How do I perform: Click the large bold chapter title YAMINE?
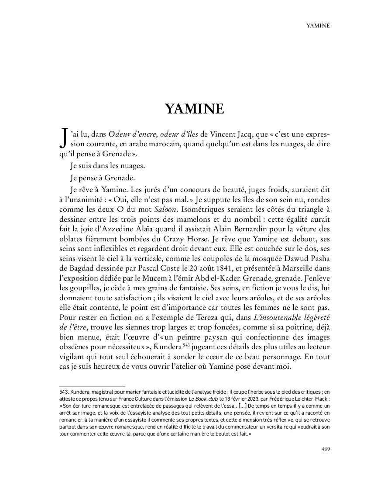pos(194,109)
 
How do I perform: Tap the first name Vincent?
pos(247,134)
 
